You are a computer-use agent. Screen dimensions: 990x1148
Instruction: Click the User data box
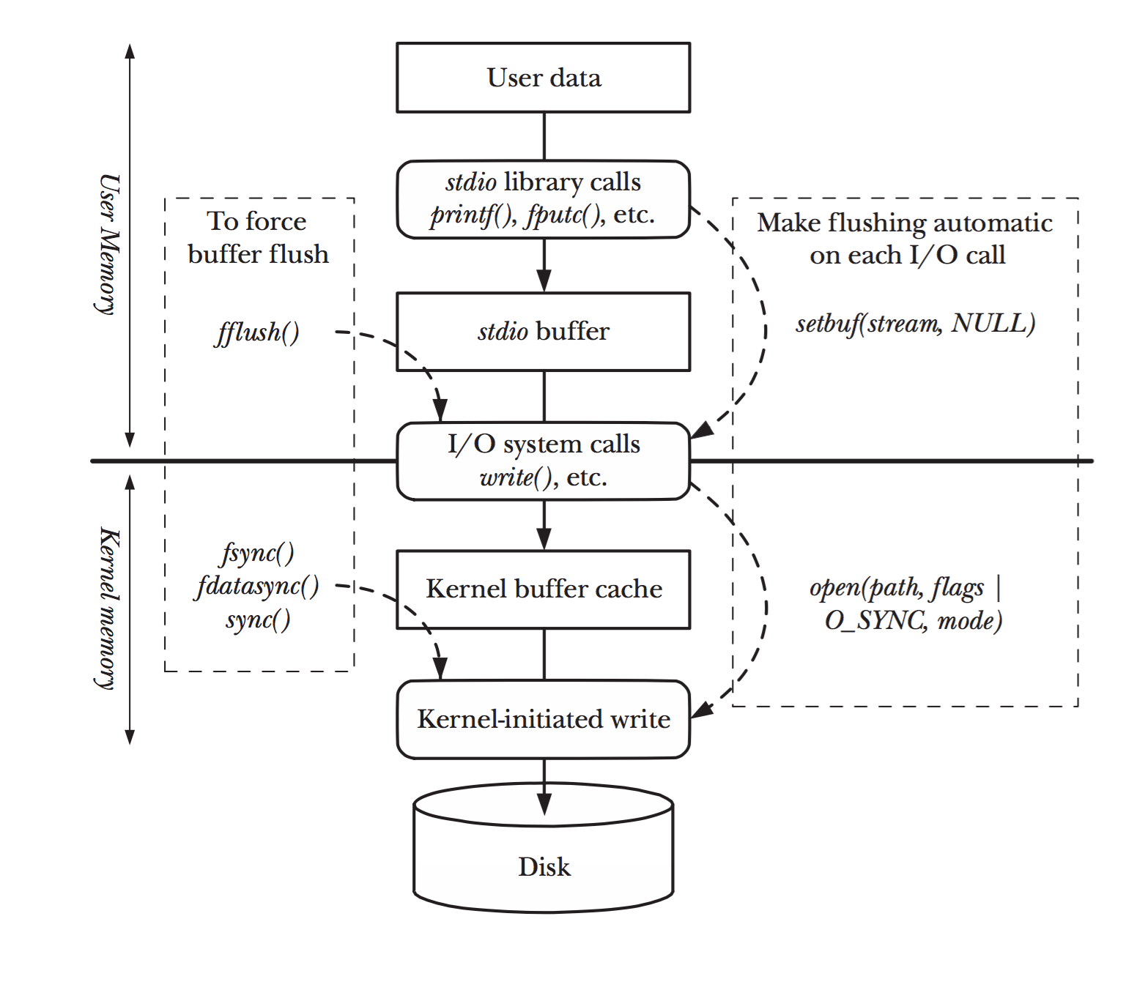coord(544,78)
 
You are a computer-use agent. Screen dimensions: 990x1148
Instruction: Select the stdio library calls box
coord(544,199)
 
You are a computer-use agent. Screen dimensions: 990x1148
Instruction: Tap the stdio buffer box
coord(544,332)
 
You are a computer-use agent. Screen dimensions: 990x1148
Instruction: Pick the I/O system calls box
coord(544,461)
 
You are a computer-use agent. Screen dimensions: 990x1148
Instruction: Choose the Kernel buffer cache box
coord(544,589)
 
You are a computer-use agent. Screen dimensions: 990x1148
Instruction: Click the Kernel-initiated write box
coord(544,719)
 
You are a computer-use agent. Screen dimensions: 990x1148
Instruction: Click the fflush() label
coord(257,332)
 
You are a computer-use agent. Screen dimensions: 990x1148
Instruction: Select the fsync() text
coord(258,553)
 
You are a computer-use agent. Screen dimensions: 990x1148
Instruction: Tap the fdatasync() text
coord(257,587)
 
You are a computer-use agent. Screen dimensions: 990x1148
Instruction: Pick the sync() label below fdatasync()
coord(258,620)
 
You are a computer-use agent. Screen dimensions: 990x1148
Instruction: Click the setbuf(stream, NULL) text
coord(915,324)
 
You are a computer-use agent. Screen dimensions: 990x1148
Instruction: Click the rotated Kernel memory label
coord(108,608)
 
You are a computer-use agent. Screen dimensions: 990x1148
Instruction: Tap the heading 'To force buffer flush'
coord(258,237)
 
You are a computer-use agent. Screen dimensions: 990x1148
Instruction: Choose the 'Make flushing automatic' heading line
coord(905,223)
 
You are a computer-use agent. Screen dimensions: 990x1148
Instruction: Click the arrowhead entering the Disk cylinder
coord(544,803)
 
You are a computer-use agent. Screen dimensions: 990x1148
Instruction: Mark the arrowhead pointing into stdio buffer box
coord(544,280)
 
